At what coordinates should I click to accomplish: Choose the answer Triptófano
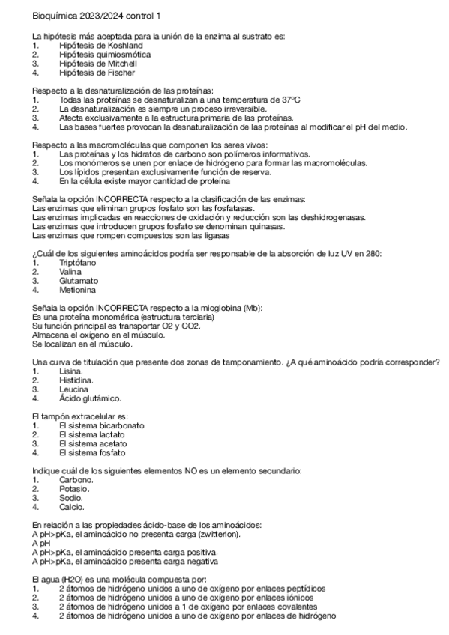click(77, 263)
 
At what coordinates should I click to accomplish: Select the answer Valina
click(70, 272)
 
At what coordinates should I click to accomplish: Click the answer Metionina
click(77, 290)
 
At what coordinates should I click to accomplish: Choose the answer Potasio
click(75, 489)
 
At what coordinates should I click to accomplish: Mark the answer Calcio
click(72, 507)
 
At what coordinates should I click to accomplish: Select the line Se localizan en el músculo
click(83, 344)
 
